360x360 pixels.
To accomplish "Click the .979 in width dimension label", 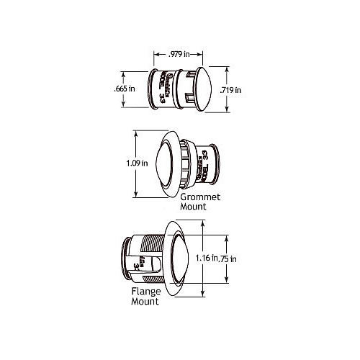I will coord(180,54).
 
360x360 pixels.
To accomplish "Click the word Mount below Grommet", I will coord(194,206).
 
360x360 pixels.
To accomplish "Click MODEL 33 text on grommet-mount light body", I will coord(206,161).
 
